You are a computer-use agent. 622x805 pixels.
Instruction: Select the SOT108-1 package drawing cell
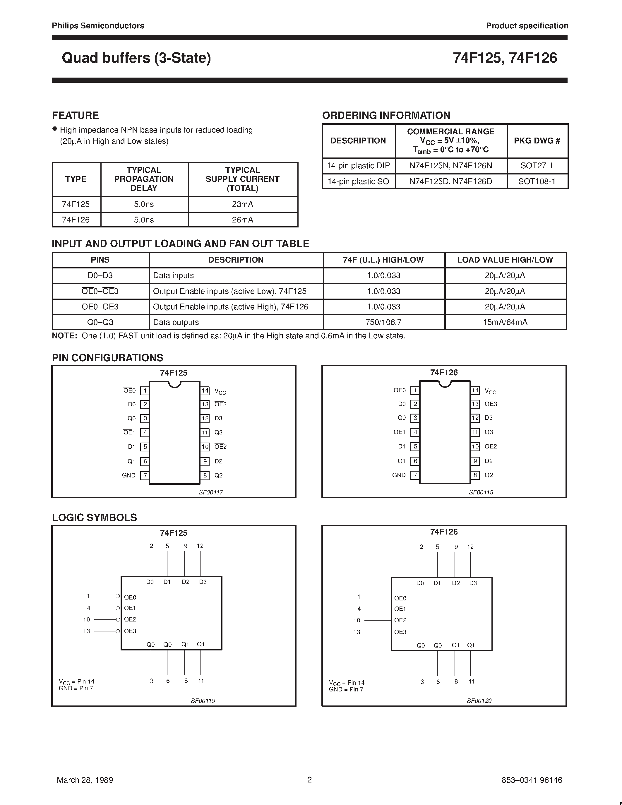click(x=537, y=181)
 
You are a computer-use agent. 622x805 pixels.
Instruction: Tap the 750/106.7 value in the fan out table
click(x=384, y=322)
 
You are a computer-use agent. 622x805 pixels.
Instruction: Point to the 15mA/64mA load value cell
click(x=505, y=322)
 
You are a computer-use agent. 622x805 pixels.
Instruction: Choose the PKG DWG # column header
click(x=537, y=141)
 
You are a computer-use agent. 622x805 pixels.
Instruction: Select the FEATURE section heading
click(x=76, y=115)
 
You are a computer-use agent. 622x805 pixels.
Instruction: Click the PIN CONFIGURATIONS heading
click(x=108, y=357)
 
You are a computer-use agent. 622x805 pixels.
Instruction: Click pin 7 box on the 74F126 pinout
click(x=415, y=475)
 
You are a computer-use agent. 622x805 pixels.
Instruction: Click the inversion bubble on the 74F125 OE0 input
click(x=118, y=596)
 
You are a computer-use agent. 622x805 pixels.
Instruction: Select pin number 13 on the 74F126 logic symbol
click(x=357, y=632)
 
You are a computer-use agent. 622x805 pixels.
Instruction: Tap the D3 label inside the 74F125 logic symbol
click(x=203, y=582)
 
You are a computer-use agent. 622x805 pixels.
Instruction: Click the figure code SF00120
click(x=479, y=701)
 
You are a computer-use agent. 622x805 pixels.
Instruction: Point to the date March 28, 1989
click(x=85, y=780)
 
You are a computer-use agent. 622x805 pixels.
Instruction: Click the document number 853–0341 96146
click(x=532, y=780)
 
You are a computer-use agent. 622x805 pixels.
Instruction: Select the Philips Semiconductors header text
click(x=98, y=26)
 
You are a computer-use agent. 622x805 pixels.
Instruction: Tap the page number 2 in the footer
click(x=309, y=780)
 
